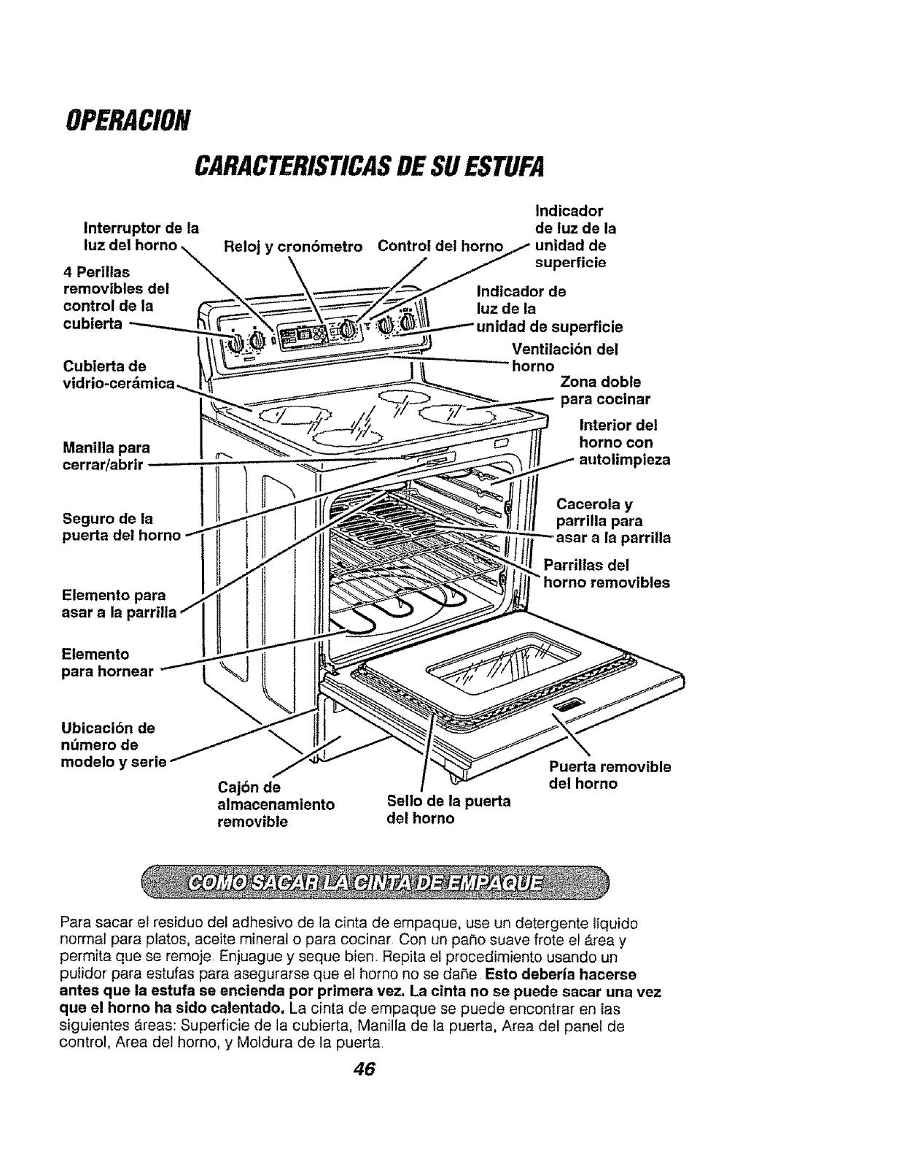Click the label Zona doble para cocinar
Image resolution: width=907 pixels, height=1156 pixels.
(604, 390)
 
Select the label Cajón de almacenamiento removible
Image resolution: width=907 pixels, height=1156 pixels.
(276, 804)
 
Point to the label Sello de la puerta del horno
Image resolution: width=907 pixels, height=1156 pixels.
(448, 809)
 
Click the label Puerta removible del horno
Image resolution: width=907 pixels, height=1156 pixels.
(609, 775)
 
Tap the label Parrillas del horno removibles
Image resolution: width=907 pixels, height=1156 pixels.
(606, 574)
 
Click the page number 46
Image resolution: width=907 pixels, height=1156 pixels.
(362, 1068)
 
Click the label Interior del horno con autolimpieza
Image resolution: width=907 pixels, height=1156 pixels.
(623, 442)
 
